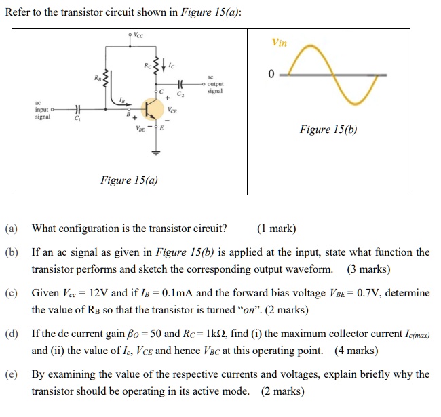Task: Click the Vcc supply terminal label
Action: click(138, 35)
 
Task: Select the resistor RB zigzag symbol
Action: click(105, 79)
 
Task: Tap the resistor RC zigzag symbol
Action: click(156, 66)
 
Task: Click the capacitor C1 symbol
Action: click(77, 109)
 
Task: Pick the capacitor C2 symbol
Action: click(180, 83)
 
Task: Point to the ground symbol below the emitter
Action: click(156, 153)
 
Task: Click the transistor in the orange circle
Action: click(152, 109)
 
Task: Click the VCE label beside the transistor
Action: click(172, 110)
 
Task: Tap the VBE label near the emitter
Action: click(140, 129)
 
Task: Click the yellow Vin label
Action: click(279, 43)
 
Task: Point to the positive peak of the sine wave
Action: click(310, 45)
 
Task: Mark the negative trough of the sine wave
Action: click(355, 104)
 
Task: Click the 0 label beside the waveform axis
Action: click(271, 74)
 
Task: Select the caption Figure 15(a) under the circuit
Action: click(129, 180)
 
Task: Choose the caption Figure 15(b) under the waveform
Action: click(328, 130)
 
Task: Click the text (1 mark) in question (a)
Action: click(276, 229)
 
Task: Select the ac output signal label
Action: click(215, 84)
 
